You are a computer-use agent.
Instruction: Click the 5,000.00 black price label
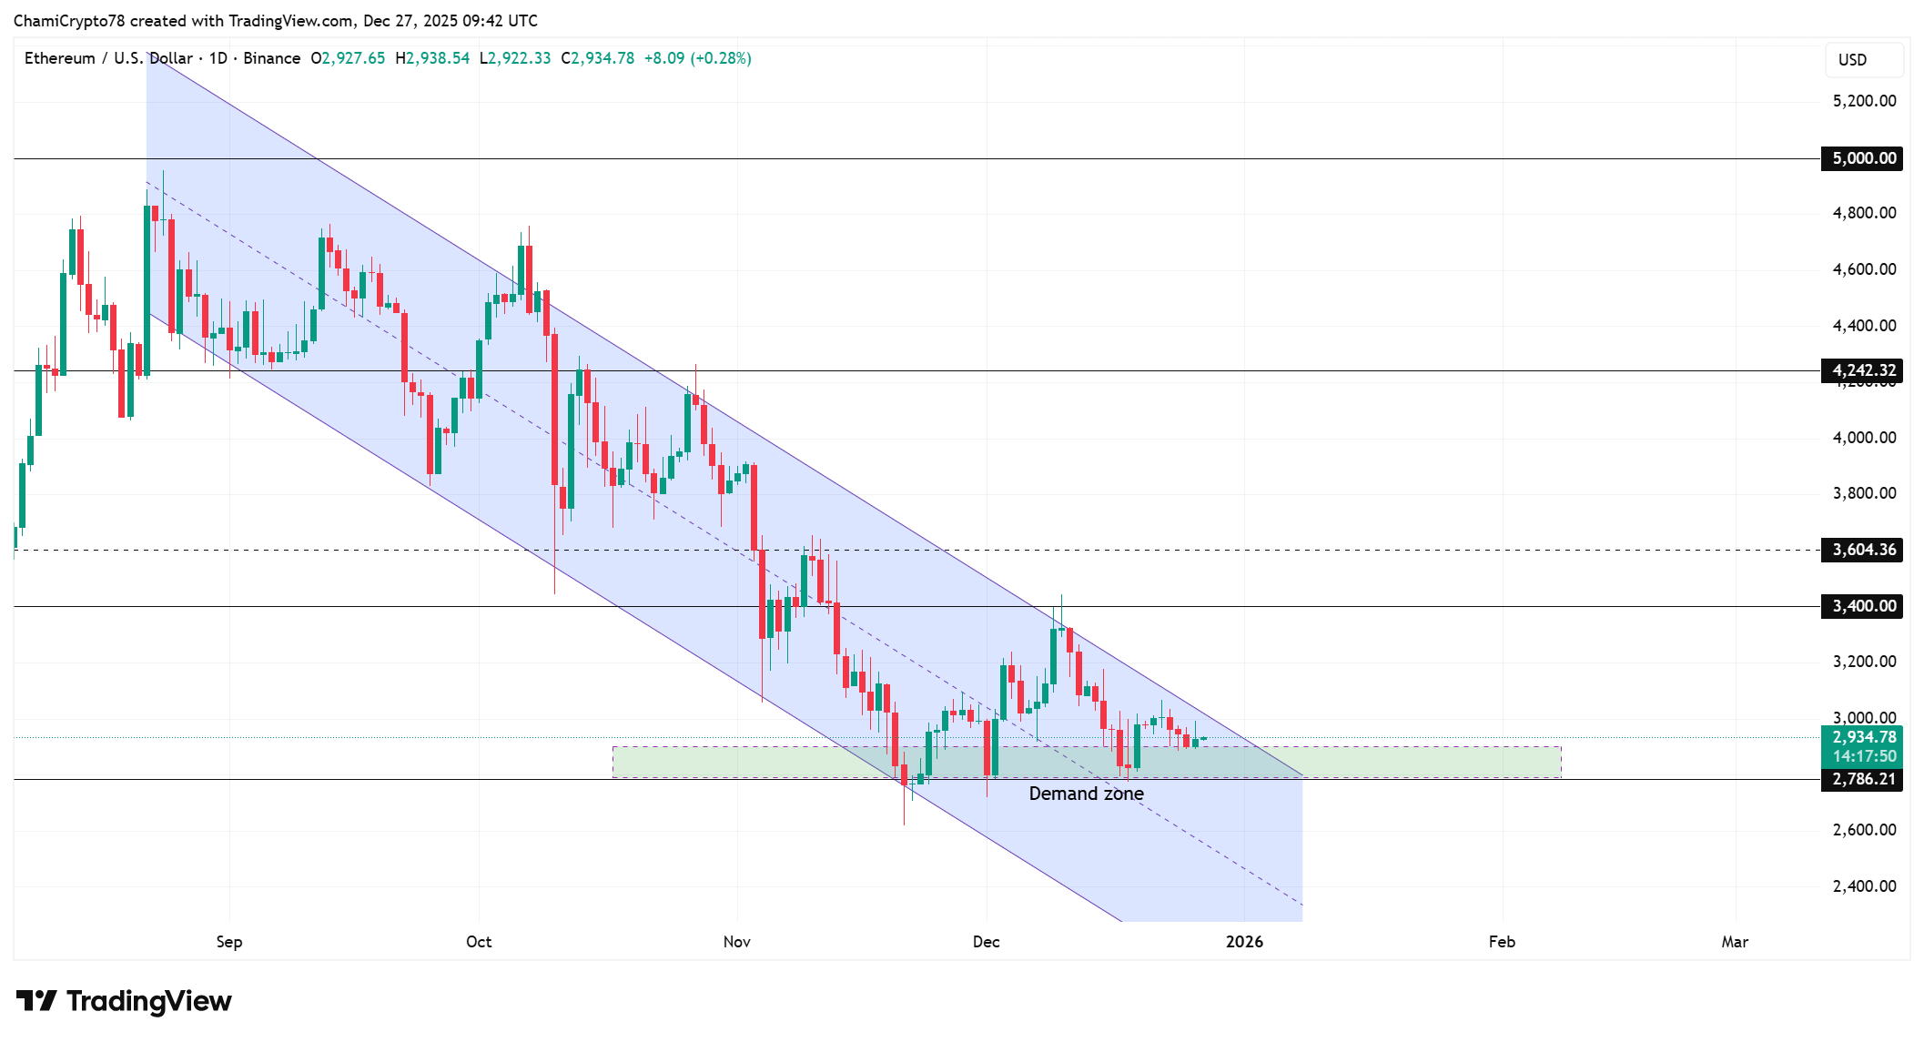[x=1862, y=158]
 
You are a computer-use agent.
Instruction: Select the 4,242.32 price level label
[x=1862, y=370]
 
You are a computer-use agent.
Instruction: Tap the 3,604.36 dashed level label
[x=1862, y=550]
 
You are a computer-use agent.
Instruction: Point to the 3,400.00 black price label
[x=1862, y=606]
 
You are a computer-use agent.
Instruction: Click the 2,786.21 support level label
[x=1862, y=780]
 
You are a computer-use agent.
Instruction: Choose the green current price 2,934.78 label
[x=1862, y=738]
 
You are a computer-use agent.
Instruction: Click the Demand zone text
[x=1086, y=794]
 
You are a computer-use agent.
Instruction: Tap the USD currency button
[x=1852, y=60]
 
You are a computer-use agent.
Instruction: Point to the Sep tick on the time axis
[x=229, y=942]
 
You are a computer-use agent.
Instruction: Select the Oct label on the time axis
[x=479, y=942]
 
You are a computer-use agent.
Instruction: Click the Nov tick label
[x=736, y=942]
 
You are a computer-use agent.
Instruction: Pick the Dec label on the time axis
[x=986, y=942]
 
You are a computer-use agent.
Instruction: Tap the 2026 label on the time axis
[x=1244, y=942]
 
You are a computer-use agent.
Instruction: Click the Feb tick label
[x=1502, y=942]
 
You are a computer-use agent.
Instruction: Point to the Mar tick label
[x=1735, y=942]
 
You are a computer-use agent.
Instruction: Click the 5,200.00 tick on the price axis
[x=1864, y=101]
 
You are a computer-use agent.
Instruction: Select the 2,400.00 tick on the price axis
[x=1864, y=886]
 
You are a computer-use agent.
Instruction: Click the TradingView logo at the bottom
[x=124, y=1001]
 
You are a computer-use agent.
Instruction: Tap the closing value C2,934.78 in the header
[x=598, y=58]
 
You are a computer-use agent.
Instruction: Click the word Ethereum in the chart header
[x=60, y=58]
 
